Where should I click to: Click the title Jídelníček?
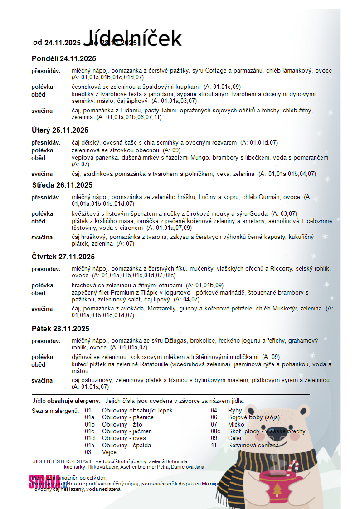(x=132, y=38)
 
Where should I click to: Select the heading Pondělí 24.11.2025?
(x=64, y=58)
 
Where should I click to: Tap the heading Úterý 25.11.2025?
(x=60, y=131)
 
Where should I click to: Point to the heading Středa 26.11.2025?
(x=62, y=185)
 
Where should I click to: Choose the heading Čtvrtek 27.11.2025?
(x=63, y=257)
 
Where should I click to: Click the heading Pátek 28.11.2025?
(x=60, y=329)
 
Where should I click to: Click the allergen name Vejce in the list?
(x=109, y=452)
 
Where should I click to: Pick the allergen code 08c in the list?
(x=216, y=431)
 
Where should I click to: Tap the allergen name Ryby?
(x=235, y=411)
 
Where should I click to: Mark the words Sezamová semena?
(x=253, y=445)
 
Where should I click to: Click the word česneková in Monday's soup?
(x=86, y=87)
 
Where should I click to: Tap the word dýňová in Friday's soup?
(x=83, y=357)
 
